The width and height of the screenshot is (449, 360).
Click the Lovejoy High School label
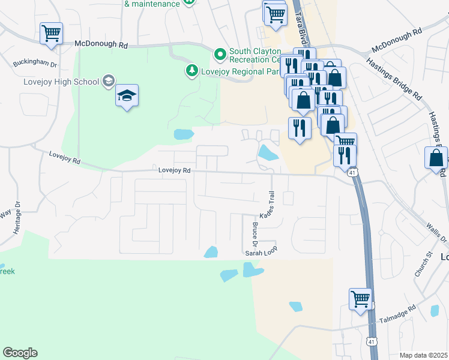pyautogui.click(x=61, y=82)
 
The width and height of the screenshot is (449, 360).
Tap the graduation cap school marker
pyautogui.click(x=127, y=96)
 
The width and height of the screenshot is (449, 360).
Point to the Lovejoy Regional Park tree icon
pyautogui.click(x=191, y=71)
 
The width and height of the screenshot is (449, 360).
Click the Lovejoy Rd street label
pyautogui.click(x=174, y=170)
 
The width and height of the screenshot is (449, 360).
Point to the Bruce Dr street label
pyautogui.click(x=254, y=234)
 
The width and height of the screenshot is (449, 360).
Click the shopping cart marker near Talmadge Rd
pyautogui.click(x=360, y=298)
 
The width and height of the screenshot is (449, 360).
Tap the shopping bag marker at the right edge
pyautogui.click(x=436, y=159)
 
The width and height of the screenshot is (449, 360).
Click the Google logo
pyautogui.click(x=20, y=353)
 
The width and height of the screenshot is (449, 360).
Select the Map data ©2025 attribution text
pyautogui.click(x=423, y=356)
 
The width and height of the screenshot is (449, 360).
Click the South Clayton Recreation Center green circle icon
pyautogui.click(x=220, y=55)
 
